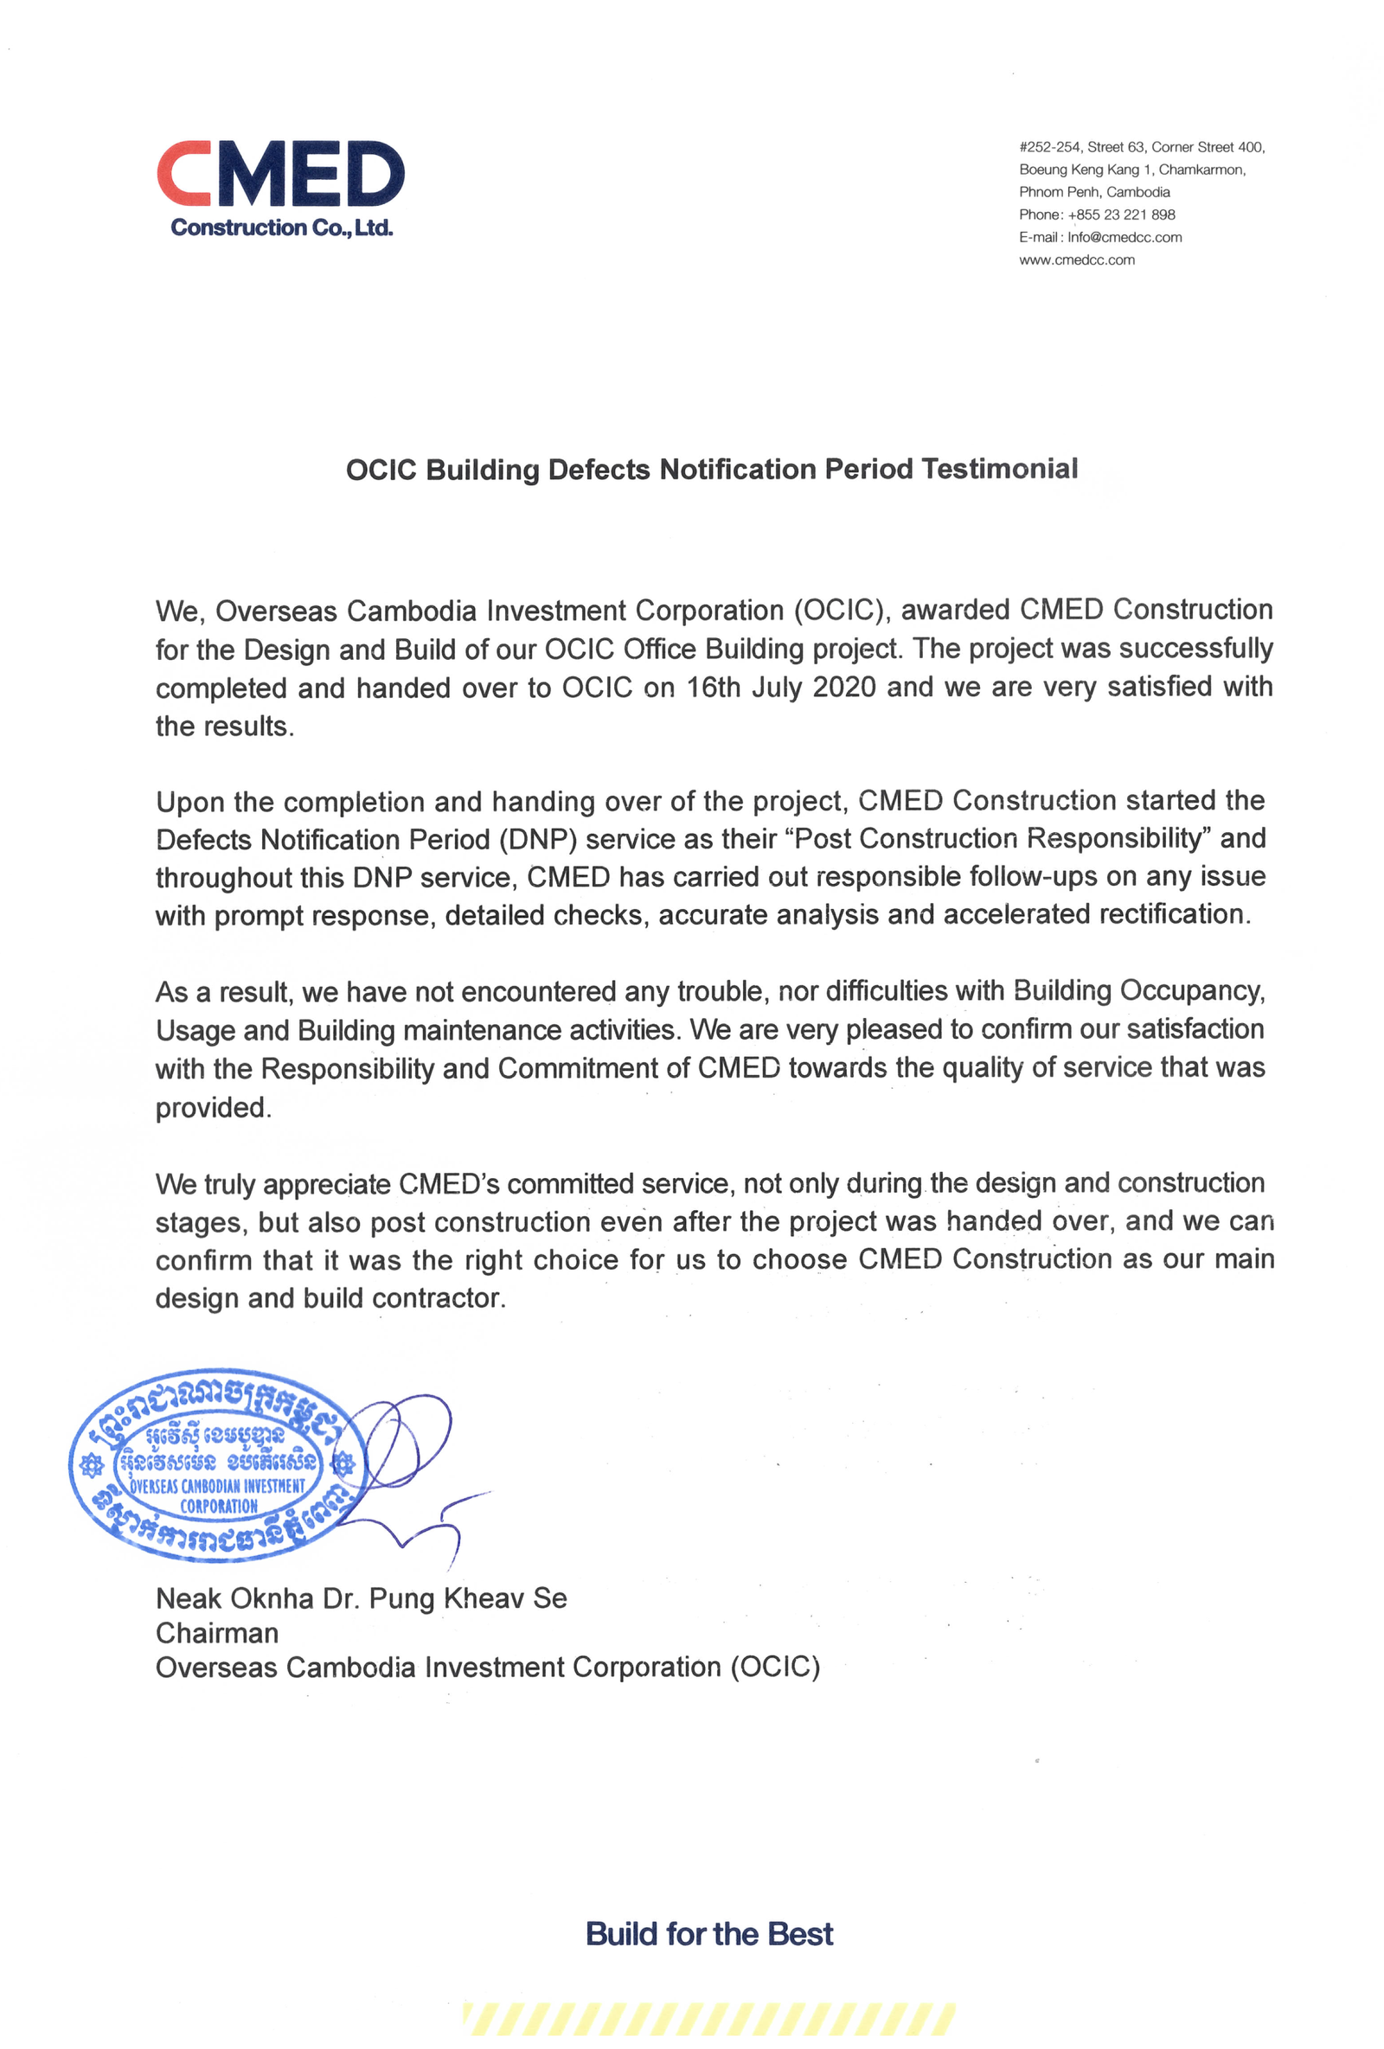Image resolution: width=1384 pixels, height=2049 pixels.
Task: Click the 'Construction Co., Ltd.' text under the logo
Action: point(281,227)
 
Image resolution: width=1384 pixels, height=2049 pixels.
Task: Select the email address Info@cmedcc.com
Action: point(1124,237)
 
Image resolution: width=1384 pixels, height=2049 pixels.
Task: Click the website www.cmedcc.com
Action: point(1076,260)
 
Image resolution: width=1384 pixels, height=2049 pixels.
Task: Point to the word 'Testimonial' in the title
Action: point(999,469)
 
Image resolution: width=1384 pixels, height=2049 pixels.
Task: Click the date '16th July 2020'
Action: point(780,687)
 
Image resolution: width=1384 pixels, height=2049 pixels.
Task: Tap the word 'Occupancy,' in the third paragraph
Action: point(1192,991)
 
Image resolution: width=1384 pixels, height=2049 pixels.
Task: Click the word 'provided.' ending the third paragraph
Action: point(214,1107)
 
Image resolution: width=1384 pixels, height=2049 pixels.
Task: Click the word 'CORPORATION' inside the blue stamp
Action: point(219,1507)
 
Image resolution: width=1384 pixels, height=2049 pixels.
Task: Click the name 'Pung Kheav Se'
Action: point(467,1598)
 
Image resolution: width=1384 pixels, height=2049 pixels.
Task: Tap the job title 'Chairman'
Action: point(217,1633)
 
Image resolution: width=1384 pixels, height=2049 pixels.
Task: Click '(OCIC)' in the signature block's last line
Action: point(775,1668)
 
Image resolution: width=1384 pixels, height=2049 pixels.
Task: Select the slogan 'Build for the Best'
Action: point(708,1934)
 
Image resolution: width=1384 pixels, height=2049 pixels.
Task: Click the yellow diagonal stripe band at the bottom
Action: point(708,2019)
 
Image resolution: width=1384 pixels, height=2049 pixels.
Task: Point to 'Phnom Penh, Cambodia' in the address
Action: point(1094,192)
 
